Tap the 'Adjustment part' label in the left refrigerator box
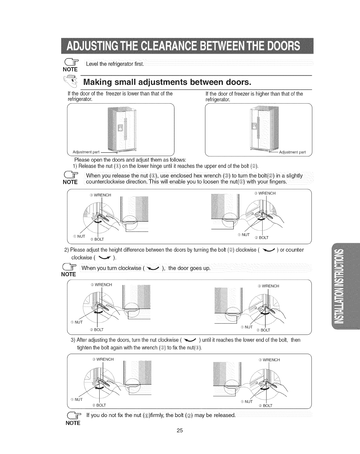coord(86,152)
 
